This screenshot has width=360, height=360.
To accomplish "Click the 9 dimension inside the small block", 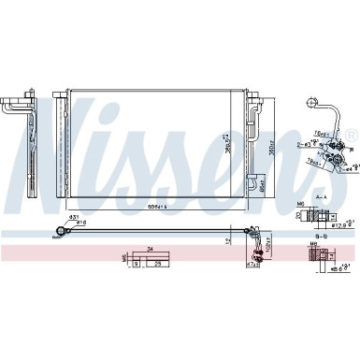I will pyautogui.click(x=137, y=265).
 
